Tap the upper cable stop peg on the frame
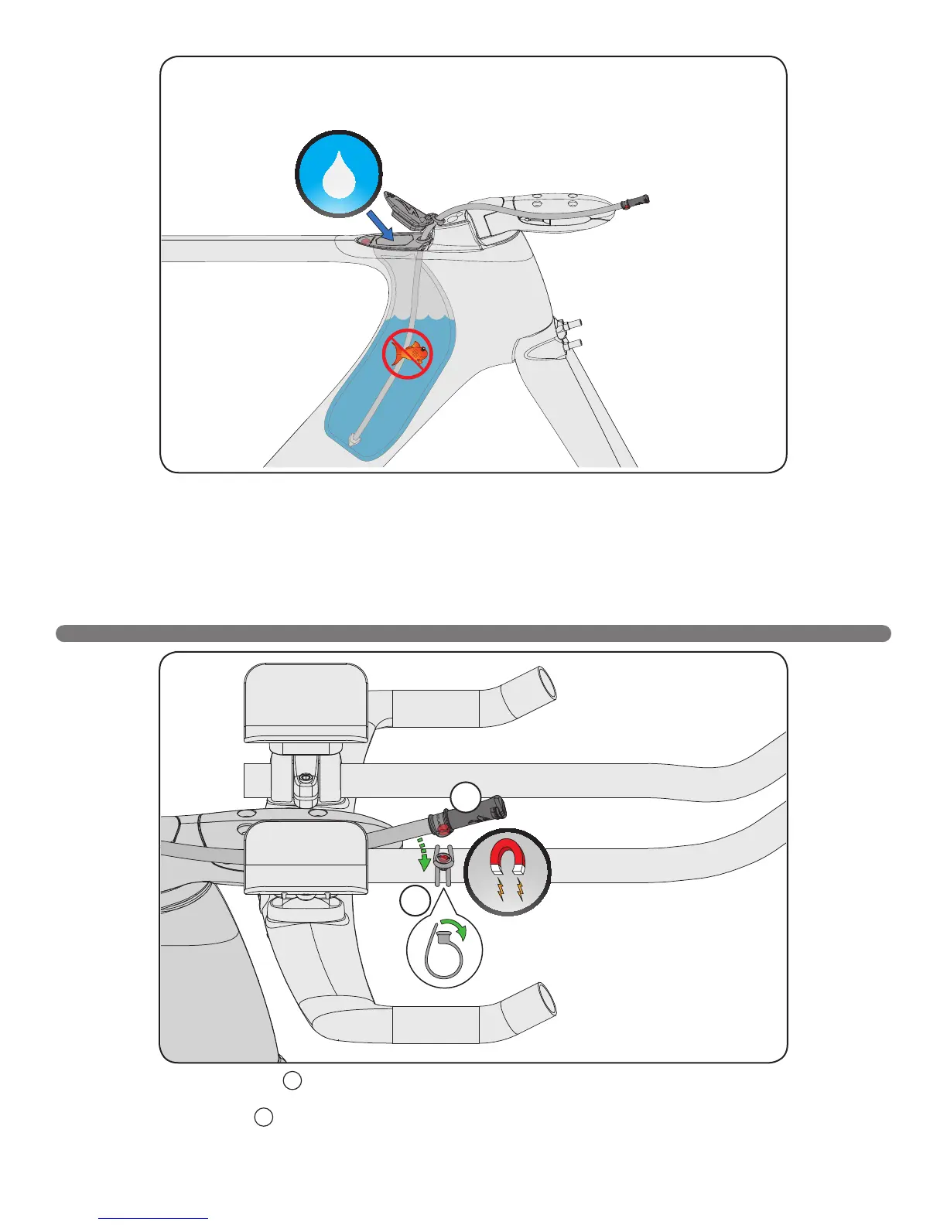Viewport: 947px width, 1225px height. pos(572,324)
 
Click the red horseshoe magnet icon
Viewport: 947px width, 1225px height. pos(508,871)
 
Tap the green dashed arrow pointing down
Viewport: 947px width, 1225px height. pos(422,851)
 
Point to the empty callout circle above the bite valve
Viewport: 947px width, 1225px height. pos(466,797)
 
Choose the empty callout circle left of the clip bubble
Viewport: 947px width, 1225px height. pos(415,902)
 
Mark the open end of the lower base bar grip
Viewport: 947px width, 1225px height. pos(546,1001)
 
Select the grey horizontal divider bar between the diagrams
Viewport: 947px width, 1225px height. pos(473,633)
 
